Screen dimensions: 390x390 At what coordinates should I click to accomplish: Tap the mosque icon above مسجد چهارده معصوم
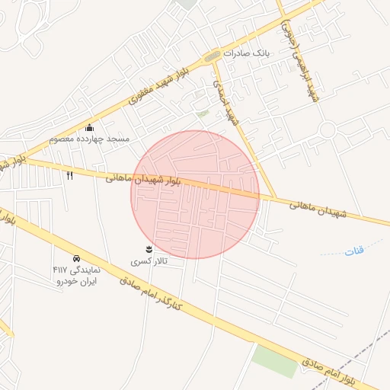click(90, 127)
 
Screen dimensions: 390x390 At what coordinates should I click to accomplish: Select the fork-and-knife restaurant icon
click(70, 176)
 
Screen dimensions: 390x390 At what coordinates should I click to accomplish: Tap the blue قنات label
click(355, 250)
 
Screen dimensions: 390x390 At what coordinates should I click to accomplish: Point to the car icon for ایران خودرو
click(76, 258)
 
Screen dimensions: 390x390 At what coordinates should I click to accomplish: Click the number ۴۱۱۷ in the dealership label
click(60, 270)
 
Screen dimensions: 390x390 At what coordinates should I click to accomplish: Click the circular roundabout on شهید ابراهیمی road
click(328, 130)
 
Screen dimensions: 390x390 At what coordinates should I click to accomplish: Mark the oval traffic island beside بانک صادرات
click(212, 56)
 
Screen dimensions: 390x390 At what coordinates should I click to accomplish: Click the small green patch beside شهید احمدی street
click(202, 113)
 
